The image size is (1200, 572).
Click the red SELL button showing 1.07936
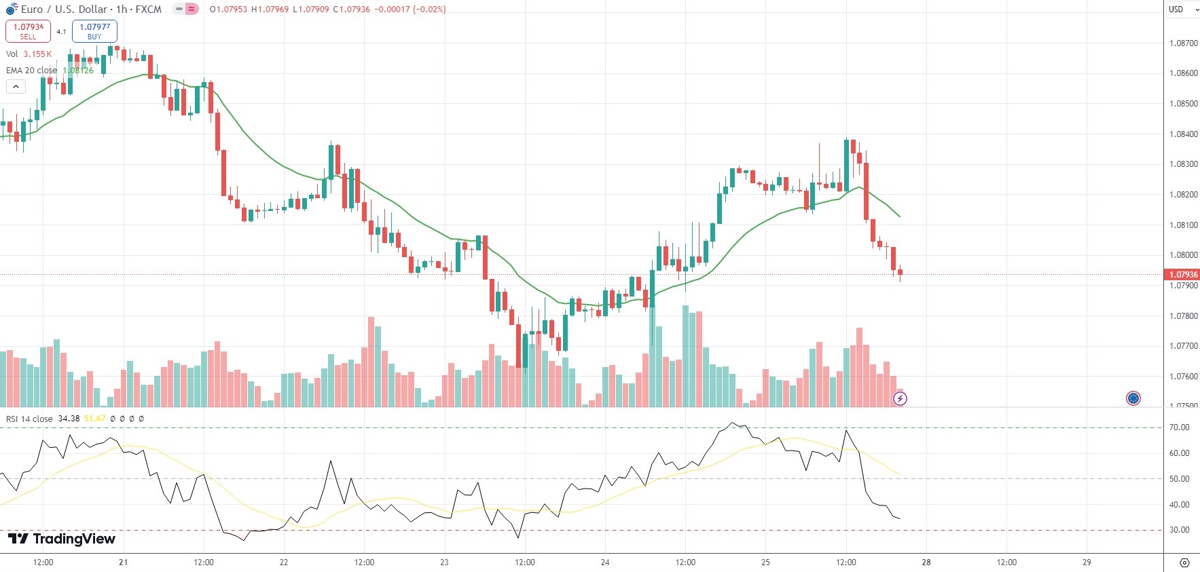pyautogui.click(x=28, y=31)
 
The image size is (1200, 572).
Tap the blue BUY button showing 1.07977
pyautogui.click(x=94, y=31)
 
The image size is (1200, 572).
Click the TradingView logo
pyautogui.click(x=62, y=539)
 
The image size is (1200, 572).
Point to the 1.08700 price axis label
pyautogui.click(x=1183, y=43)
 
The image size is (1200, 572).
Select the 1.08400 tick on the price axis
pyautogui.click(x=1183, y=134)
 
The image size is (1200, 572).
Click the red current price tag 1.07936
pyautogui.click(x=1182, y=275)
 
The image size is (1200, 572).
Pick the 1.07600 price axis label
pyautogui.click(x=1183, y=377)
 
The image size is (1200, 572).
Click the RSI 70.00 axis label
pyautogui.click(x=1179, y=427)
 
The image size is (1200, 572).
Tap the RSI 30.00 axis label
pyautogui.click(x=1179, y=530)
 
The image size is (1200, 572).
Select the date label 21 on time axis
pyautogui.click(x=123, y=563)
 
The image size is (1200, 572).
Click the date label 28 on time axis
pyautogui.click(x=926, y=563)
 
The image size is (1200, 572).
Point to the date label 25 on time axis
pyautogui.click(x=765, y=563)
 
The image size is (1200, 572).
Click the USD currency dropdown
pyautogui.click(x=1181, y=9)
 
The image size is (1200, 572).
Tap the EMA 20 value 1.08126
pyautogui.click(x=78, y=71)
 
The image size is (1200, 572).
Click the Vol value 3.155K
pyautogui.click(x=37, y=54)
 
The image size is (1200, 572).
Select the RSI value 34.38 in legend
pyautogui.click(x=69, y=419)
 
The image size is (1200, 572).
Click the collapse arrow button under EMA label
pyautogui.click(x=16, y=87)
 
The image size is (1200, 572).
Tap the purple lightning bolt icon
pyautogui.click(x=900, y=398)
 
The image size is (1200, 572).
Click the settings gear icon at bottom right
pyautogui.click(x=1184, y=563)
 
